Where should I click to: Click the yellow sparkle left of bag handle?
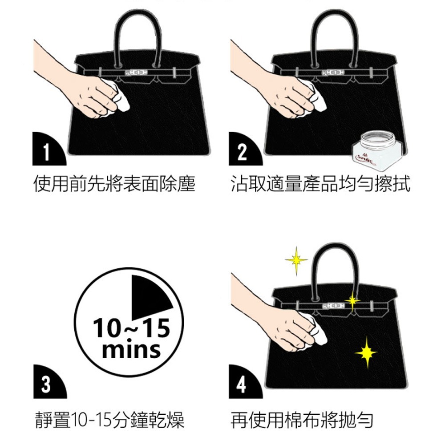[x=296, y=260]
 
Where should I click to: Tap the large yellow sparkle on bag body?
[x=366, y=353]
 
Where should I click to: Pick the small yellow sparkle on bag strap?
[x=352, y=301]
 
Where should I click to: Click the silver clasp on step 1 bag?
[x=136, y=73]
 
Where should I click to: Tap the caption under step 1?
[x=114, y=184]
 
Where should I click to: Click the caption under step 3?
[x=110, y=420]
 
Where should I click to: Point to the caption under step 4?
[x=302, y=420]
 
